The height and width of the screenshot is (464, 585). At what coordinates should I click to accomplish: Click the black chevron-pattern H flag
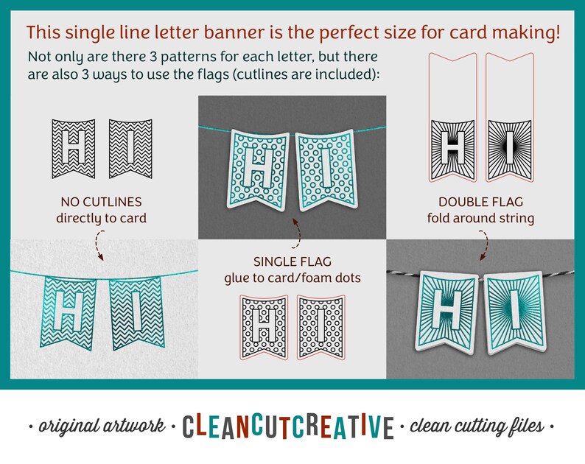72,149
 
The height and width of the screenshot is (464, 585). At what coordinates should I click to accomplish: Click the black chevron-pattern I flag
130,149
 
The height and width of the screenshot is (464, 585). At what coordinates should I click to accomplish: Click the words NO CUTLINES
101,203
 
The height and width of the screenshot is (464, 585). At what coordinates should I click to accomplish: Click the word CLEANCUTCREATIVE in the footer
293,426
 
